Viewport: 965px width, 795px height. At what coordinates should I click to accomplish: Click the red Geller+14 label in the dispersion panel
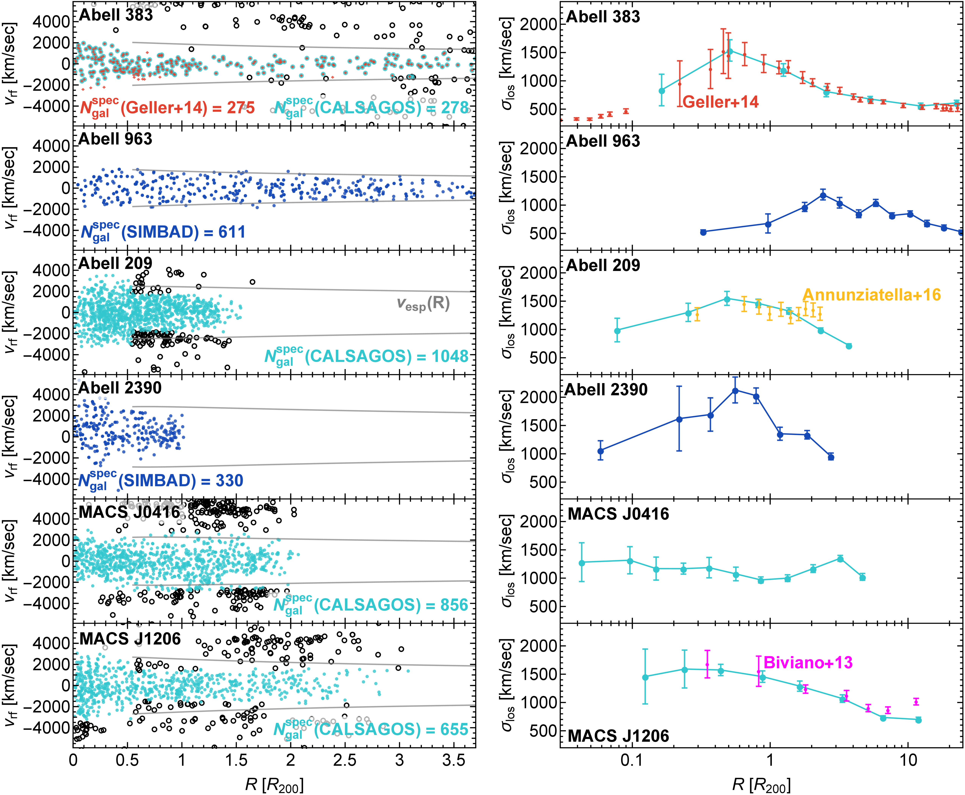click(721, 102)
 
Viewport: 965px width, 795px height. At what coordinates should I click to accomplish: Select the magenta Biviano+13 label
click(808, 663)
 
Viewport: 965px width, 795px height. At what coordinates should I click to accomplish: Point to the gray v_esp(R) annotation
click(423, 304)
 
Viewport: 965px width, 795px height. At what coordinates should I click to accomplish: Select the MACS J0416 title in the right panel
click(618, 514)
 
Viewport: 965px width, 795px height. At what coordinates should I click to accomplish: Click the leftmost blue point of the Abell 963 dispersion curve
click(703, 232)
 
